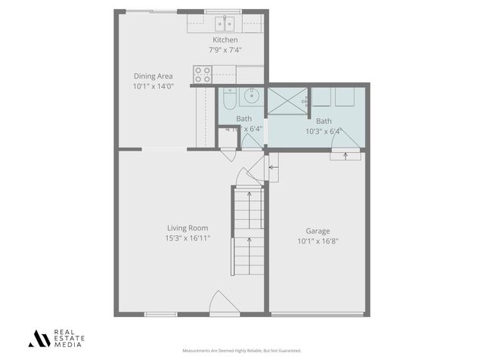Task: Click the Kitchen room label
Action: coord(225,40)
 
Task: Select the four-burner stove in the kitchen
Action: coord(203,74)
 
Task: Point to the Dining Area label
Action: coord(154,76)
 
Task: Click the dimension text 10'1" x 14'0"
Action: coord(154,86)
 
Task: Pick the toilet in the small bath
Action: coord(228,96)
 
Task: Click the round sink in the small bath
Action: coord(253,96)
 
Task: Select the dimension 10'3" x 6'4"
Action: coord(324,131)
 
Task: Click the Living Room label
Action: coord(188,228)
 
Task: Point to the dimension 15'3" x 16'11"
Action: coord(188,238)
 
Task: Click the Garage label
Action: coord(318,231)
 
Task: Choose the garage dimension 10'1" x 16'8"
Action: coord(318,242)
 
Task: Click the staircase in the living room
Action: coord(249,231)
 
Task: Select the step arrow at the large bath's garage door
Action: coord(345,156)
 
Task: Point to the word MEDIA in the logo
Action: coord(66,345)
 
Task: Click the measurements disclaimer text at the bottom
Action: coord(242,351)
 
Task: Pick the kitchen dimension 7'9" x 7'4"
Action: coord(225,50)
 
